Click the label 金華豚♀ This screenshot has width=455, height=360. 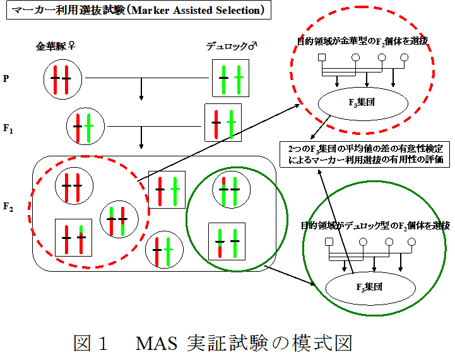point(56,45)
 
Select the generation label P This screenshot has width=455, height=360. point(6,78)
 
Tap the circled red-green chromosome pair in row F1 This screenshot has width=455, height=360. point(83,126)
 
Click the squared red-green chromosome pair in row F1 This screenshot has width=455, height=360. point(223,122)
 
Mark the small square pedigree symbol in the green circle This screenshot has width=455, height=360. point(328,242)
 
